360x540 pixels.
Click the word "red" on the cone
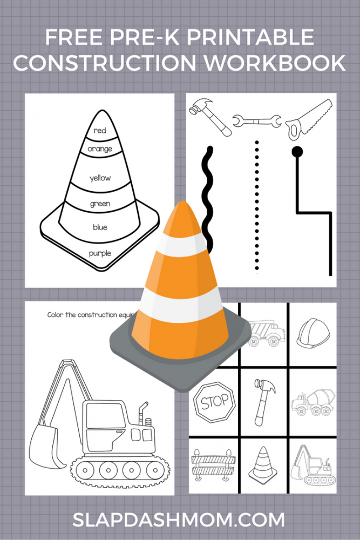click(100, 131)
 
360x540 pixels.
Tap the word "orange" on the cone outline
click(100, 149)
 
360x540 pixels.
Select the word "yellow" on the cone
click(100, 178)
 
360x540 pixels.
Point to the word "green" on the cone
click(100, 204)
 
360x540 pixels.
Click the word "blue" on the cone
click(100, 227)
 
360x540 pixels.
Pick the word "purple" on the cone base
click(100, 253)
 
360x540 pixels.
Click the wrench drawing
click(257, 121)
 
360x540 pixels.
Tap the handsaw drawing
click(308, 119)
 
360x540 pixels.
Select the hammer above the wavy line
click(210, 117)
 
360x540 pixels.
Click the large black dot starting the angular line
click(297, 151)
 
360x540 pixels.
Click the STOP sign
click(214, 402)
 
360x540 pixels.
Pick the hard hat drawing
click(313, 332)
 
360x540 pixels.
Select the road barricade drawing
click(213, 464)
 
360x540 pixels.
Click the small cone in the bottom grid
click(263, 464)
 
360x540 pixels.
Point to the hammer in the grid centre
click(264, 402)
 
